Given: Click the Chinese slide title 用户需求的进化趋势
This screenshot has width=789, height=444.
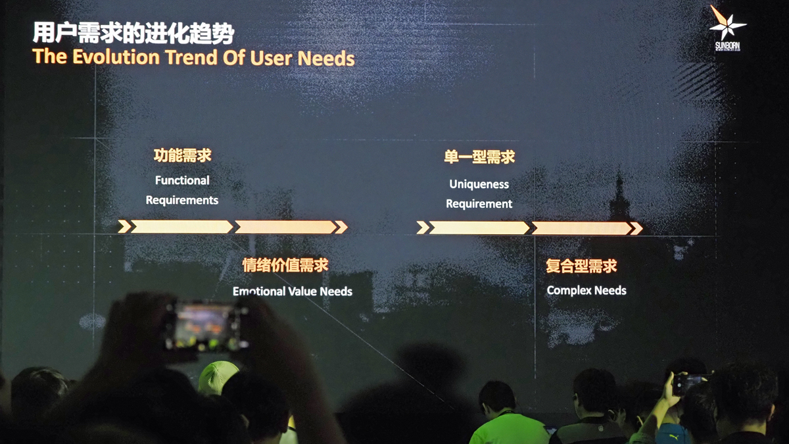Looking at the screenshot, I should tap(133, 33).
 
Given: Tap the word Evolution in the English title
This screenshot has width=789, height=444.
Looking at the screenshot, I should tap(116, 57).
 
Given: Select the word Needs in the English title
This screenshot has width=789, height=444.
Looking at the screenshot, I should tap(326, 58).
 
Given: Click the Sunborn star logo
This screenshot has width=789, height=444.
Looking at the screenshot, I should tap(727, 25).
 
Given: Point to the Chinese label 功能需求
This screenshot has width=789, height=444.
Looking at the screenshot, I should tap(182, 155).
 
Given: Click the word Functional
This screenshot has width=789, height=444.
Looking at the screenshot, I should tap(182, 180).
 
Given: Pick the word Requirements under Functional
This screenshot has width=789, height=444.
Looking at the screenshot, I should tap(182, 200).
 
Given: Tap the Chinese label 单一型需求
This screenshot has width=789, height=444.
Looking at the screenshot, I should tap(479, 157).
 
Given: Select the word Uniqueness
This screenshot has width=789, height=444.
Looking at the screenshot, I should tap(479, 184).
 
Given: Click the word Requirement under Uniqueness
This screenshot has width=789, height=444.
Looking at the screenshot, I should tap(479, 204).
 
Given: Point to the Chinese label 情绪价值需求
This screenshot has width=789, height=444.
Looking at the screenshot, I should tap(285, 265).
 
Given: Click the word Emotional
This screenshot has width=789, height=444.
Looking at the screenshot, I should tap(259, 291).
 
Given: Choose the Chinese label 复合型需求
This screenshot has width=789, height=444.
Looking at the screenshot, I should tap(581, 266).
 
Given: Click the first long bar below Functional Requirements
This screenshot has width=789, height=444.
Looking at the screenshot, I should tap(181, 227).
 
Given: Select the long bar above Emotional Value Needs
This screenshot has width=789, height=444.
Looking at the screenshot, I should tap(285, 227).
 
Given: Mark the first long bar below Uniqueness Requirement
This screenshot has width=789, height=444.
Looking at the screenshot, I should tap(479, 228).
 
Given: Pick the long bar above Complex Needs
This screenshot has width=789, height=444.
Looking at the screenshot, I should tap(581, 228).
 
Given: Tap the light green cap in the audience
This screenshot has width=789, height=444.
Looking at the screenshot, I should tap(218, 377).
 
